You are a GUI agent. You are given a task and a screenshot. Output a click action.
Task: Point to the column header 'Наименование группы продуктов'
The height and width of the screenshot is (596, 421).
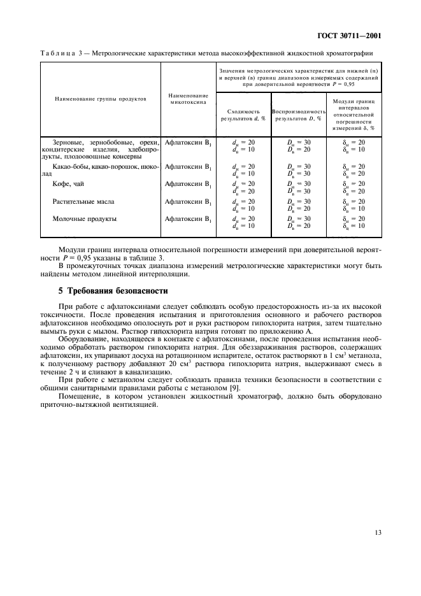(x=101, y=99)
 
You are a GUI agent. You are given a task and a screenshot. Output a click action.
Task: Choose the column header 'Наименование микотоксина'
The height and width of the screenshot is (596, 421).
(x=187, y=99)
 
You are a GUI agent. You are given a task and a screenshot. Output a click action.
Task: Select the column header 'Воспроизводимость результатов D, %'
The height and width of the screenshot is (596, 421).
(x=297, y=115)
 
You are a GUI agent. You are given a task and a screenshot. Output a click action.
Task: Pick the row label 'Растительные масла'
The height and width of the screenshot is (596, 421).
(x=83, y=201)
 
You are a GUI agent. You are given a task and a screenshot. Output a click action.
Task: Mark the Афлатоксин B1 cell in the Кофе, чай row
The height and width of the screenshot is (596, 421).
(x=187, y=184)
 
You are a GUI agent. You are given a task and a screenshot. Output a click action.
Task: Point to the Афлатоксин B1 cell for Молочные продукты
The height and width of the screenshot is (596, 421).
(x=187, y=218)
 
